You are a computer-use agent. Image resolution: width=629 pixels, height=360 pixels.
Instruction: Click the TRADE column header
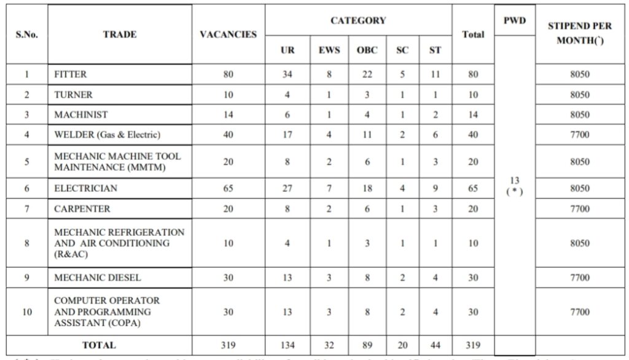(x=120, y=34)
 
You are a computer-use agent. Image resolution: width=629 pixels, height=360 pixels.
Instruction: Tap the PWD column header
(x=514, y=20)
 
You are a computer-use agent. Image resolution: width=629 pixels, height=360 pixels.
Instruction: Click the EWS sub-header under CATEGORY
(x=329, y=50)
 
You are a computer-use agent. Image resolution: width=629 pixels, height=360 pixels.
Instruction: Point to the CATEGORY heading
(x=358, y=20)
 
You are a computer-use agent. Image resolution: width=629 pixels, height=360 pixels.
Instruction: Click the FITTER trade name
(x=71, y=74)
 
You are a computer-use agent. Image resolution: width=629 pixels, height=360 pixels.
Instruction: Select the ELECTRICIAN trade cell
(x=85, y=189)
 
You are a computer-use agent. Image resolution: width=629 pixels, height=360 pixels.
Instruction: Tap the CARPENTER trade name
(x=82, y=209)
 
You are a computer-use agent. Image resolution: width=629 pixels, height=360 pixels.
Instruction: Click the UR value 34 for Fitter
(x=287, y=74)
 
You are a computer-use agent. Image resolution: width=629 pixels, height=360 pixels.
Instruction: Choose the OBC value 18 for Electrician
(x=367, y=189)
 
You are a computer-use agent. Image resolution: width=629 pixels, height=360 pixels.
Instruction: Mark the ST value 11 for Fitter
(x=435, y=74)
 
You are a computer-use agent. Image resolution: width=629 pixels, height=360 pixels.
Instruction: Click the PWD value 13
(x=515, y=180)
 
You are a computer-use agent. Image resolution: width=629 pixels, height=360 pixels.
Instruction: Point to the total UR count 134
(x=287, y=345)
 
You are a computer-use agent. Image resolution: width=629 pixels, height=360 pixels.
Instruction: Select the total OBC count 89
(x=367, y=345)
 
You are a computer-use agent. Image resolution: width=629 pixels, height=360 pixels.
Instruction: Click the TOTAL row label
(x=99, y=345)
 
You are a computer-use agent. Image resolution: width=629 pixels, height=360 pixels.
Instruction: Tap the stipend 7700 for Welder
(x=579, y=135)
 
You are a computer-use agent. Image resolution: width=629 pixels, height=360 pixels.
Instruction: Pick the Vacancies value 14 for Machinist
(x=228, y=115)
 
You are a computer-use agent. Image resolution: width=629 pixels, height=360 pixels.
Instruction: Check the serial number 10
(x=27, y=312)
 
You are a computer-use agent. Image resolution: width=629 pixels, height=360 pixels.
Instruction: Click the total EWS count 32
(x=329, y=345)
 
